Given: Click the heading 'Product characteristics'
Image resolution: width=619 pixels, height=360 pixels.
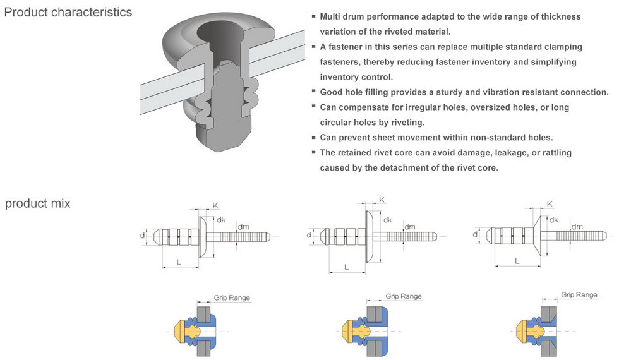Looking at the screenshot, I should [68, 12].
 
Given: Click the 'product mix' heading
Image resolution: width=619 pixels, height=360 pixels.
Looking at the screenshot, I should [38, 203].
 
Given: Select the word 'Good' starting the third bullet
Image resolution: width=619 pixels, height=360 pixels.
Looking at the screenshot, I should [332, 92].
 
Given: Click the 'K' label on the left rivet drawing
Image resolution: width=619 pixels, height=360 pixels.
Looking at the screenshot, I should [215, 206].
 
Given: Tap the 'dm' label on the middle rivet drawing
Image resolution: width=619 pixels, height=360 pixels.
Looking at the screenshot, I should [410, 227].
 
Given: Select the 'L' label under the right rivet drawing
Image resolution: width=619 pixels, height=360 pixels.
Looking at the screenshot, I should [517, 260].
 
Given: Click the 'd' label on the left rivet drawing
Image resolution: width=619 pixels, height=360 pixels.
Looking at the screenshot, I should [142, 235].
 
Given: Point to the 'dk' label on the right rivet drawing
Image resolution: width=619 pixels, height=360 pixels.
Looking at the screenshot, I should [554, 220].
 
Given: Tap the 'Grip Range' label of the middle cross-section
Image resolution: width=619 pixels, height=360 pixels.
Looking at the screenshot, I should [404, 296].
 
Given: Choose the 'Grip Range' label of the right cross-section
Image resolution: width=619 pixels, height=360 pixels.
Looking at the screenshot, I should [579, 295].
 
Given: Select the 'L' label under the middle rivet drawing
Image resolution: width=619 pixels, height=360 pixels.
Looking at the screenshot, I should [346, 267].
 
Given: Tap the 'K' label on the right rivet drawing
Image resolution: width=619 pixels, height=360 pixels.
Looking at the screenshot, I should [550, 204].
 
